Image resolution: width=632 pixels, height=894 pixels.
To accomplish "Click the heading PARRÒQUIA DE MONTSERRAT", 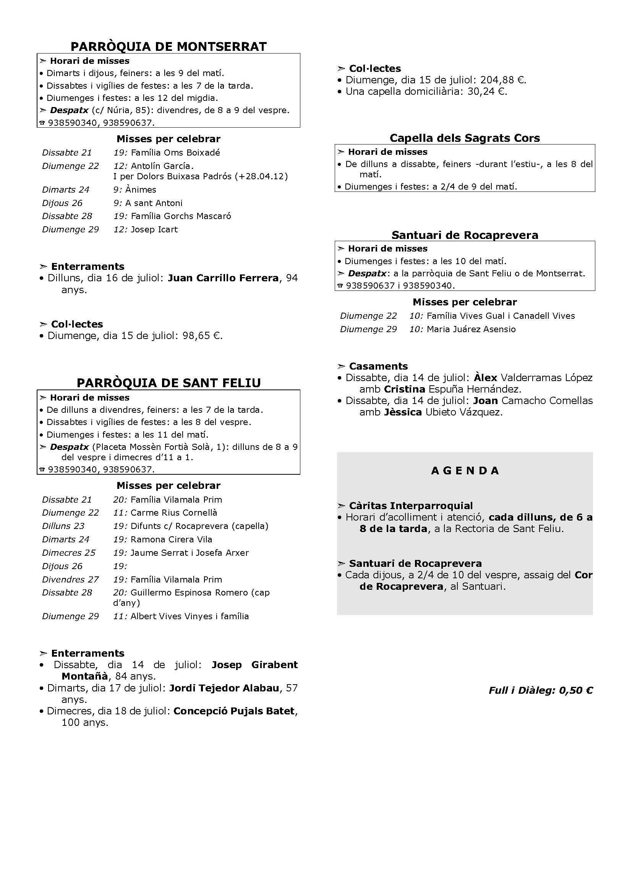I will pyautogui.click(x=169, y=47).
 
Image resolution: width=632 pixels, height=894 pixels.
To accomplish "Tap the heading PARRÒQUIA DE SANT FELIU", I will pyautogui.click(x=169, y=383).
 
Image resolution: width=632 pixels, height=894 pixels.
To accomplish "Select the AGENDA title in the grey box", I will pyautogui.click(x=465, y=471).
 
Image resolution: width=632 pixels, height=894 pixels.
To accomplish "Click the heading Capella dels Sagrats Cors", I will pyautogui.click(x=465, y=138).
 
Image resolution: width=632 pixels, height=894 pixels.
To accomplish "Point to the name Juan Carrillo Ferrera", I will pyautogui.click(x=223, y=278).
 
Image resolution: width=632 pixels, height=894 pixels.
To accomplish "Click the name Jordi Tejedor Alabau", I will pyautogui.click(x=224, y=688).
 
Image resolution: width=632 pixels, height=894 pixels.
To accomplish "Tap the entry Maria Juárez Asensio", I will pyautogui.click(x=471, y=329).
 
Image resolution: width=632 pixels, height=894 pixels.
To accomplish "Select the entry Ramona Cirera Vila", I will pyautogui.click(x=171, y=539).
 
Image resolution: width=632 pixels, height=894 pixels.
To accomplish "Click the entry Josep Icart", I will pyautogui.click(x=154, y=229).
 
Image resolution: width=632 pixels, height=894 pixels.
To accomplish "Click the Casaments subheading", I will pyautogui.click(x=378, y=366).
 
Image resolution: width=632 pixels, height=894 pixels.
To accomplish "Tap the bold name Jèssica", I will pyautogui.click(x=402, y=412).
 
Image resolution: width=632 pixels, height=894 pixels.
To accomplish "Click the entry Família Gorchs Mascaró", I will pyautogui.click(x=181, y=216).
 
